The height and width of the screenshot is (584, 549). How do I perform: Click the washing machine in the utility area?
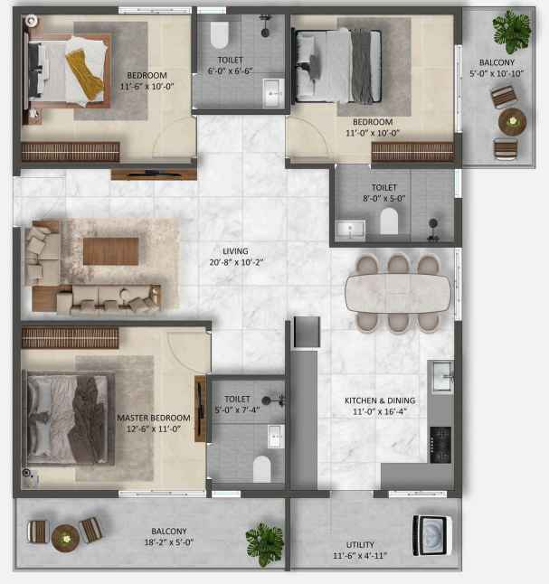coord(432,535)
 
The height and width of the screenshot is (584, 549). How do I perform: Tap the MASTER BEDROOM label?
coord(154,418)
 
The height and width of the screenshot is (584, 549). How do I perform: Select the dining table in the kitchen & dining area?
coord(398,294)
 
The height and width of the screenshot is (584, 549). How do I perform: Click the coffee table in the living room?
coord(110,251)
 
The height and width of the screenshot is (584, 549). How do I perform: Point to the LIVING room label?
coord(235,251)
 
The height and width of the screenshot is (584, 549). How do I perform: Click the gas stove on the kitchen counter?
coord(440,445)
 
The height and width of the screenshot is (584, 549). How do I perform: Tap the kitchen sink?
coord(443,376)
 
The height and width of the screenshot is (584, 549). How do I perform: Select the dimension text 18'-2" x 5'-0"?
coord(169,542)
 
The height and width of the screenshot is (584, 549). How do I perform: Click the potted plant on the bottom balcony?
coord(265,544)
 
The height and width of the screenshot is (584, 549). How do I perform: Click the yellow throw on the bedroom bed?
coord(85,74)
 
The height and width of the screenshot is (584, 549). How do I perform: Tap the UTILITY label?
coord(360,545)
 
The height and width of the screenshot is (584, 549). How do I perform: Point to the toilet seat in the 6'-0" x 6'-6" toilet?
coord(219,35)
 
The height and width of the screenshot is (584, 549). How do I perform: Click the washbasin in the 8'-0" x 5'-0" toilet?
coord(350,230)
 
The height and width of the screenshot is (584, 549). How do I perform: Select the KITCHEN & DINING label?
coord(380,400)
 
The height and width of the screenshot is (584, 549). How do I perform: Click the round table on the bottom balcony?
coord(66,538)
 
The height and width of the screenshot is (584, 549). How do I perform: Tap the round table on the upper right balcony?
coord(513,121)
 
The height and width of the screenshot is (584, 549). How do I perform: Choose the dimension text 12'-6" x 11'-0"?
coord(154,429)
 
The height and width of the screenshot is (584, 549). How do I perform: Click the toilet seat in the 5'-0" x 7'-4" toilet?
coord(262,469)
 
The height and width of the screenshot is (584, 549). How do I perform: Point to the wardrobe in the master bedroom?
coord(70,338)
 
